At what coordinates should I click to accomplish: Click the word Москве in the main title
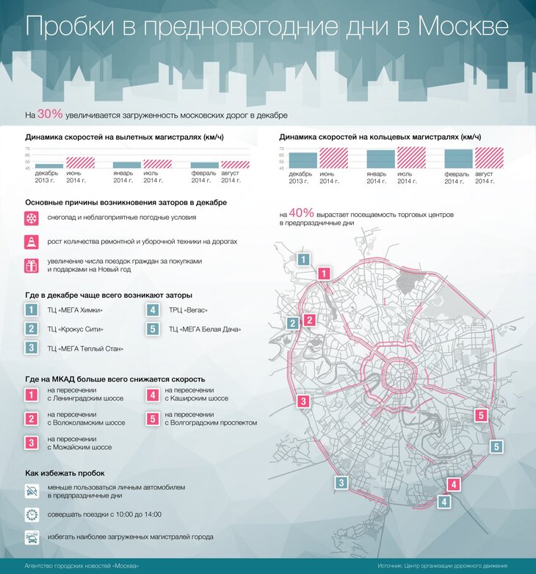(x=463, y=26)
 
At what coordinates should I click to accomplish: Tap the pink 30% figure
(x=50, y=114)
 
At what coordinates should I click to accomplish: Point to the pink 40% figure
(x=301, y=212)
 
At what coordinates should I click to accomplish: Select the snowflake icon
(x=32, y=218)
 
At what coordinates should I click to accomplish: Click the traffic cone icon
(x=32, y=242)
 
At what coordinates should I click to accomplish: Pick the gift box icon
(x=32, y=266)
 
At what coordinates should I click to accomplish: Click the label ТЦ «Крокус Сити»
(x=75, y=329)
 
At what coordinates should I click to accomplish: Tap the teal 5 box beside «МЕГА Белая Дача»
(x=153, y=329)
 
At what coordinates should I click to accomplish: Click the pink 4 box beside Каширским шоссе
(x=153, y=395)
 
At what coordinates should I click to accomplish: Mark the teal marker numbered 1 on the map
(x=304, y=259)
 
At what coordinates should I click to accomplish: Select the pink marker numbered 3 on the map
(x=303, y=401)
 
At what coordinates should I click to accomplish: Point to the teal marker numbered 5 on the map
(x=496, y=446)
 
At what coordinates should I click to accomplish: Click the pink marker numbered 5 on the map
(x=481, y=416)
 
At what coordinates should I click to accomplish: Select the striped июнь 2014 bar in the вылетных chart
(x=80, y=163)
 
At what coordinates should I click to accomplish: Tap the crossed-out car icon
(x=32, y=491)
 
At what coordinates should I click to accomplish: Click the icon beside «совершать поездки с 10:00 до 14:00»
(x=32, y=514)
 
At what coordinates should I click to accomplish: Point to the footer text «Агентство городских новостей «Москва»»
(x=82, y=566)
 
